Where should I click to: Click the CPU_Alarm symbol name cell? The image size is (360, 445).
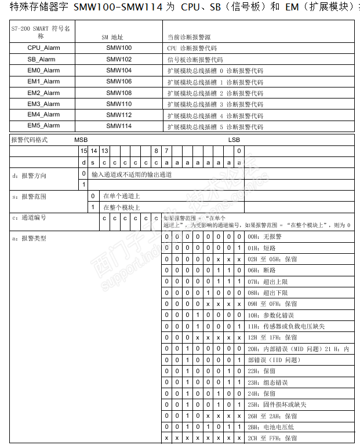pyautogui.click(x=43, y=48)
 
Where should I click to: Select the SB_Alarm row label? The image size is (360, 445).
pyautogui.click(x=43, y=59)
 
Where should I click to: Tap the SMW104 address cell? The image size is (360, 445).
pyautogui.click(x=119, y=70)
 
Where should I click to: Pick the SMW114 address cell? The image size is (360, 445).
pyautogui.click(x=119, y=126)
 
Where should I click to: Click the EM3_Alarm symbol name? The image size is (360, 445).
pyautogui.click(x=43, y=104)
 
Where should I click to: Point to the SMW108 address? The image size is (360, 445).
pyautogui.click(x=119, y=93)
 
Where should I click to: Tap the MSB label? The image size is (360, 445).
pyautogui.click(x=81, y=140)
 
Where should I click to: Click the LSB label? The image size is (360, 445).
pyautogui.click(x=234, y=140)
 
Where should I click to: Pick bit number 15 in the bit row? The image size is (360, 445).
pyautogui.click(x=83, y=151)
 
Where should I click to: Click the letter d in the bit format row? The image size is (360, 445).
pyautogui.click(x=83, y=162)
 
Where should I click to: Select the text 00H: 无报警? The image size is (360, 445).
pyautogui.click(x=264, y=237)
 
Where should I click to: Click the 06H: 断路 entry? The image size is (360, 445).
pyautogui.click(x=261, y=270)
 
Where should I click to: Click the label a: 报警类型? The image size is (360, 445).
pyautogui.click(x=29, y=238)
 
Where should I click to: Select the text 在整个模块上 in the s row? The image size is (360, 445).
pyautogui.click(x=122, y=207)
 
